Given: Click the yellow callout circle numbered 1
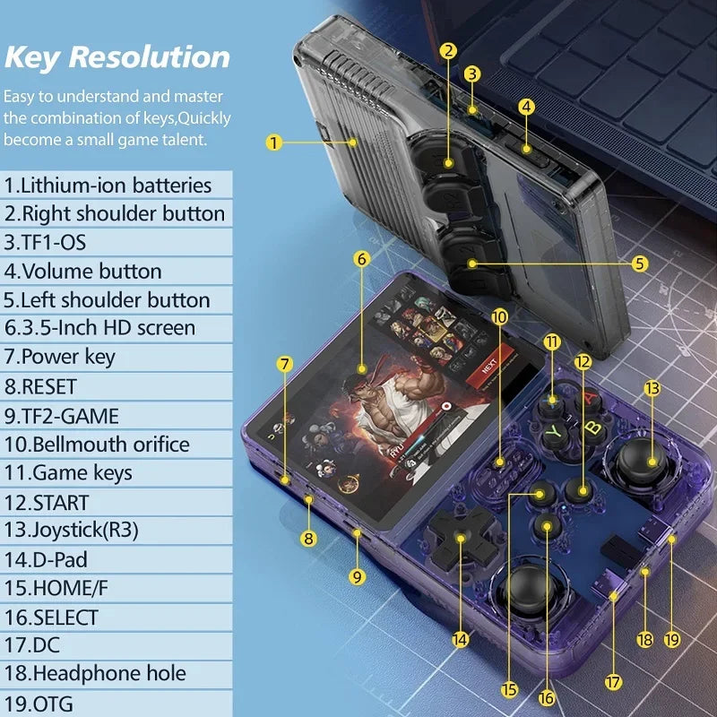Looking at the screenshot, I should pos(274,142).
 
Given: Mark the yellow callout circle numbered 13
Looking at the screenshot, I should pos(652,388).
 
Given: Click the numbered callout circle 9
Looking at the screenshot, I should pos(358,577).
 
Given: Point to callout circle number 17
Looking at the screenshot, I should pos(613,682).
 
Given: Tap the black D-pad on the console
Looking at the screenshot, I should pos(460,538).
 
